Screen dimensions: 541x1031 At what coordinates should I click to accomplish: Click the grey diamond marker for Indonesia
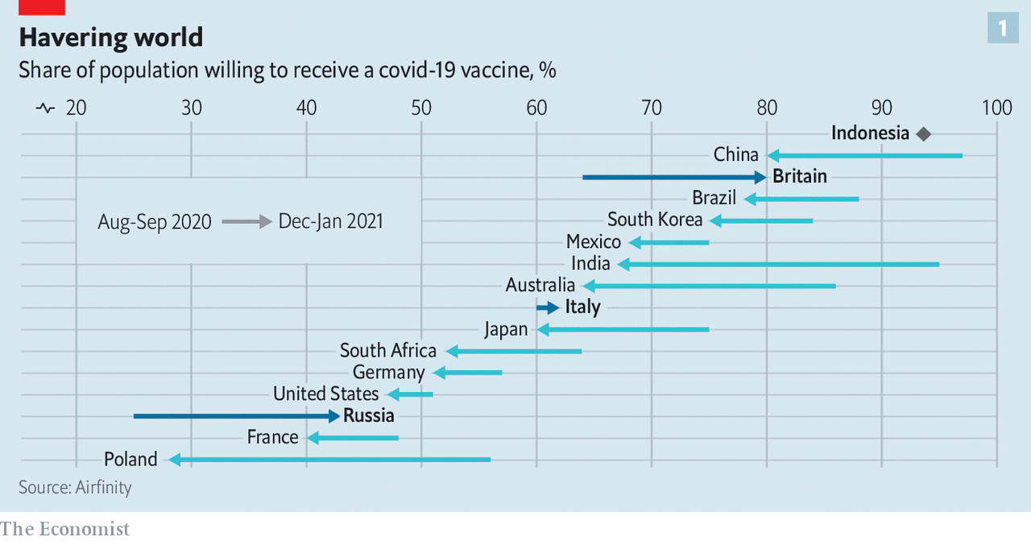coord(923,134)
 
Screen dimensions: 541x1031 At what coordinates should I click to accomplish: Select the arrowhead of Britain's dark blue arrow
coord(760,177)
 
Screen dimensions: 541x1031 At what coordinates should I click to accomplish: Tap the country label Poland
coord(130,459)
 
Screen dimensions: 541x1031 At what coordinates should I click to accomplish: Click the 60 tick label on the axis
coord(536,107)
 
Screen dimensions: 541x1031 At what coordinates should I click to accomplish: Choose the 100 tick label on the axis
coord(996,107)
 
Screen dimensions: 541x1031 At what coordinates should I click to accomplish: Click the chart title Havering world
coord(110,37)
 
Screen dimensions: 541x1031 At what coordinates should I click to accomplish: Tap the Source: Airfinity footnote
coord(75,487)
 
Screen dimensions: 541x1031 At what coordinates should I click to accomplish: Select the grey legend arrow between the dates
coord(246,221)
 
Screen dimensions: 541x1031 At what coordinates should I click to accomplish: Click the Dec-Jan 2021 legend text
coord(330,221)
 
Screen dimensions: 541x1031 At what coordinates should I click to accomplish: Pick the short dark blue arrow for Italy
coord(548,308)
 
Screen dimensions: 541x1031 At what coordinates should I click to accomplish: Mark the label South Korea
coord(655,220)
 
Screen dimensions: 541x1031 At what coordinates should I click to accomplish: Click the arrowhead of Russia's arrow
coord(334,415)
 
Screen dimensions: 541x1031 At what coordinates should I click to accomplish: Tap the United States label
coord(325,394)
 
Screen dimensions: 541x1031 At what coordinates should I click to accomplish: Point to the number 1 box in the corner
coord(1002,29)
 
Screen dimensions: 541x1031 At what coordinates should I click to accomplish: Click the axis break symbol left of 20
coord(45,107)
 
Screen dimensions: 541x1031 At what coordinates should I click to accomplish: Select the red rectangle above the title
coord(42,6)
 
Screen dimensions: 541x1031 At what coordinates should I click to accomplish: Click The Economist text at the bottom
coord(64,529)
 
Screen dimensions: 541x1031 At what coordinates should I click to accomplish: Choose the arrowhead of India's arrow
coord(623,264)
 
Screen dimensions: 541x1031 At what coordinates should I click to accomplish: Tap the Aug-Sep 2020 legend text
coord(155,221)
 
